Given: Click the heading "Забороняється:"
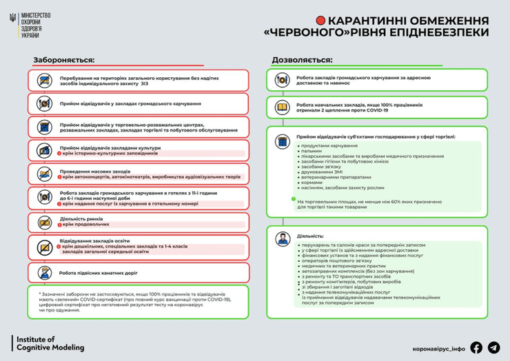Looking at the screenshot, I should (64, 59).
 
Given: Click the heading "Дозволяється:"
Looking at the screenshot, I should (302, 59).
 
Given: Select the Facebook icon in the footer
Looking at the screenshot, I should (476, 347).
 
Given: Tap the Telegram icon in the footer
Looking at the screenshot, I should (493, 347).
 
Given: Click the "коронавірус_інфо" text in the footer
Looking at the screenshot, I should (438, 348).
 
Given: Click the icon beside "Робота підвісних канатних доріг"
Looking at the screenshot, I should (44, 271).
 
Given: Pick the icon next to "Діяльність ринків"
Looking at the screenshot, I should (44, 221).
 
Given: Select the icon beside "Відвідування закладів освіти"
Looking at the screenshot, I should (44, 246).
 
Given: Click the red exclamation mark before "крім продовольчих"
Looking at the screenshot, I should (60, 225).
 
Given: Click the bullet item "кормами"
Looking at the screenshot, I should (312, 183).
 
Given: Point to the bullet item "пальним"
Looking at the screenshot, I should (311, 151).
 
